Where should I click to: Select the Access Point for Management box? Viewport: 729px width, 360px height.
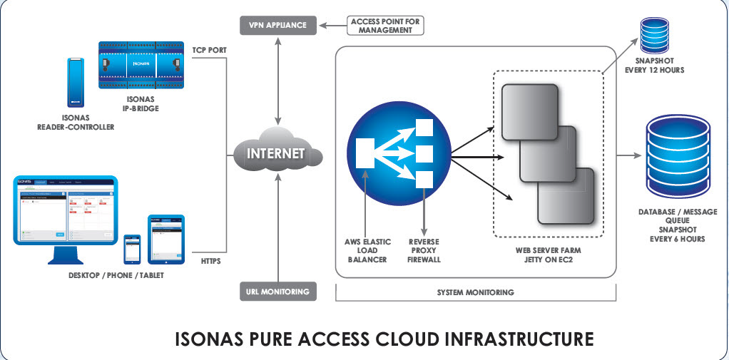(385, 26)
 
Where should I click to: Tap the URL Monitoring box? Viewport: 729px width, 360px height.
(277, 291)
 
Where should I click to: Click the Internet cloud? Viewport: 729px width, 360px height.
(275, 153)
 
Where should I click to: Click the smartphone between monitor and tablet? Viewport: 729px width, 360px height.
(133, 249)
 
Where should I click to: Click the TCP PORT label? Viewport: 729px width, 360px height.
(210, 51)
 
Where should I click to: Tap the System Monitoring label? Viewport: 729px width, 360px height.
(475, 292)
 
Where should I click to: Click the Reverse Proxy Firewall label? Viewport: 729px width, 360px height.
(424, 251)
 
